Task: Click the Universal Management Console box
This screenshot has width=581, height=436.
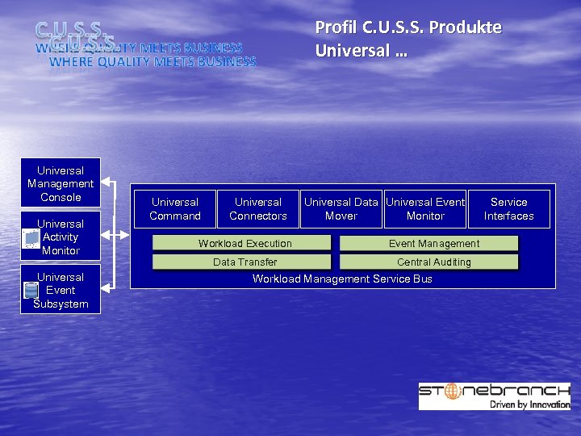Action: click(x=61, y=183)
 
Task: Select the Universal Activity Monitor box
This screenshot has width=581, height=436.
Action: click(x=61, y=237)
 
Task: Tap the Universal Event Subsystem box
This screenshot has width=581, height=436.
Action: click(x=61, y=290)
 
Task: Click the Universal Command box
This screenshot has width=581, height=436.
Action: click(x=175, y=209)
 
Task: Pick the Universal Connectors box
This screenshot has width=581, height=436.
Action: click(x=258, y=209)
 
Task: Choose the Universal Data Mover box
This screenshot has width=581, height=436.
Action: click(x=341, y=209)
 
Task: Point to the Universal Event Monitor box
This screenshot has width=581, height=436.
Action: click(x=425, y=209)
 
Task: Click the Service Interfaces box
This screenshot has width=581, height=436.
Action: click(x=509, y=209)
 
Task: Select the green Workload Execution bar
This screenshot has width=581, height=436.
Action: click(x=242, y=243)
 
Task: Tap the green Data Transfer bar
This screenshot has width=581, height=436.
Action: click(x=242, y=262)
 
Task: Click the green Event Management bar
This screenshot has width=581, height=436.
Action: click(x=428, y=243)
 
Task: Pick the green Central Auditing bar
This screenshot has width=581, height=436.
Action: click(x=428, y=262)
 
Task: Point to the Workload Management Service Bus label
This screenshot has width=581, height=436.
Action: click(x=342, y=279)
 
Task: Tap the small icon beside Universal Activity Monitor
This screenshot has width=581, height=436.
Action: click(x=31, y=238)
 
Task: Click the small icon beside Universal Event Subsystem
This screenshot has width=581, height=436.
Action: click(x=31, y=291)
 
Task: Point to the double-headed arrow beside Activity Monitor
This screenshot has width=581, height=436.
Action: click(x=117, y=237)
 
